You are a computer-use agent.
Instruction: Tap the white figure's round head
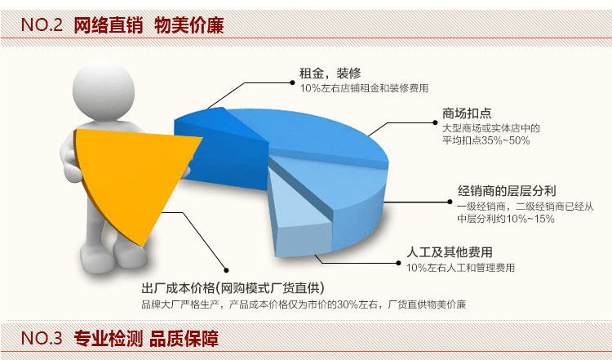click(104, 91)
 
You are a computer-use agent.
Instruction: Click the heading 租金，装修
click(330, 73)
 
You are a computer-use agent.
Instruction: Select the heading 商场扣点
click(467, 113)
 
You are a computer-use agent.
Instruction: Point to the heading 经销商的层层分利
click(507, 191)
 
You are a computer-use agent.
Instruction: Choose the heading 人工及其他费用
click(450, 252)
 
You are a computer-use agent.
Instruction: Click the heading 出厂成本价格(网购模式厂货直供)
click(233, 288)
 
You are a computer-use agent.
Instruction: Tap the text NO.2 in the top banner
click(42, 25)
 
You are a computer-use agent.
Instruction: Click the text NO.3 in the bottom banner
click(42, 338)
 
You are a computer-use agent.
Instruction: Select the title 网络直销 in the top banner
click(109, 25)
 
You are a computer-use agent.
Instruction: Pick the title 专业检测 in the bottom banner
click(109, 338)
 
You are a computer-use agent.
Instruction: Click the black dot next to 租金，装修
click(292, 82)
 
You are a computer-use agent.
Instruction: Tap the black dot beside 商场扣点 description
click(435, 122)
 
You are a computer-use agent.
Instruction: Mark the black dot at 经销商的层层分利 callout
click(450, 202)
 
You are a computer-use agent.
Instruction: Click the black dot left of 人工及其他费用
click(398, 263)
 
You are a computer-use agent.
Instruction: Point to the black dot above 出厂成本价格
click(226, 270)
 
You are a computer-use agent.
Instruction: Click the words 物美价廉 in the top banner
click(189, 25)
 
